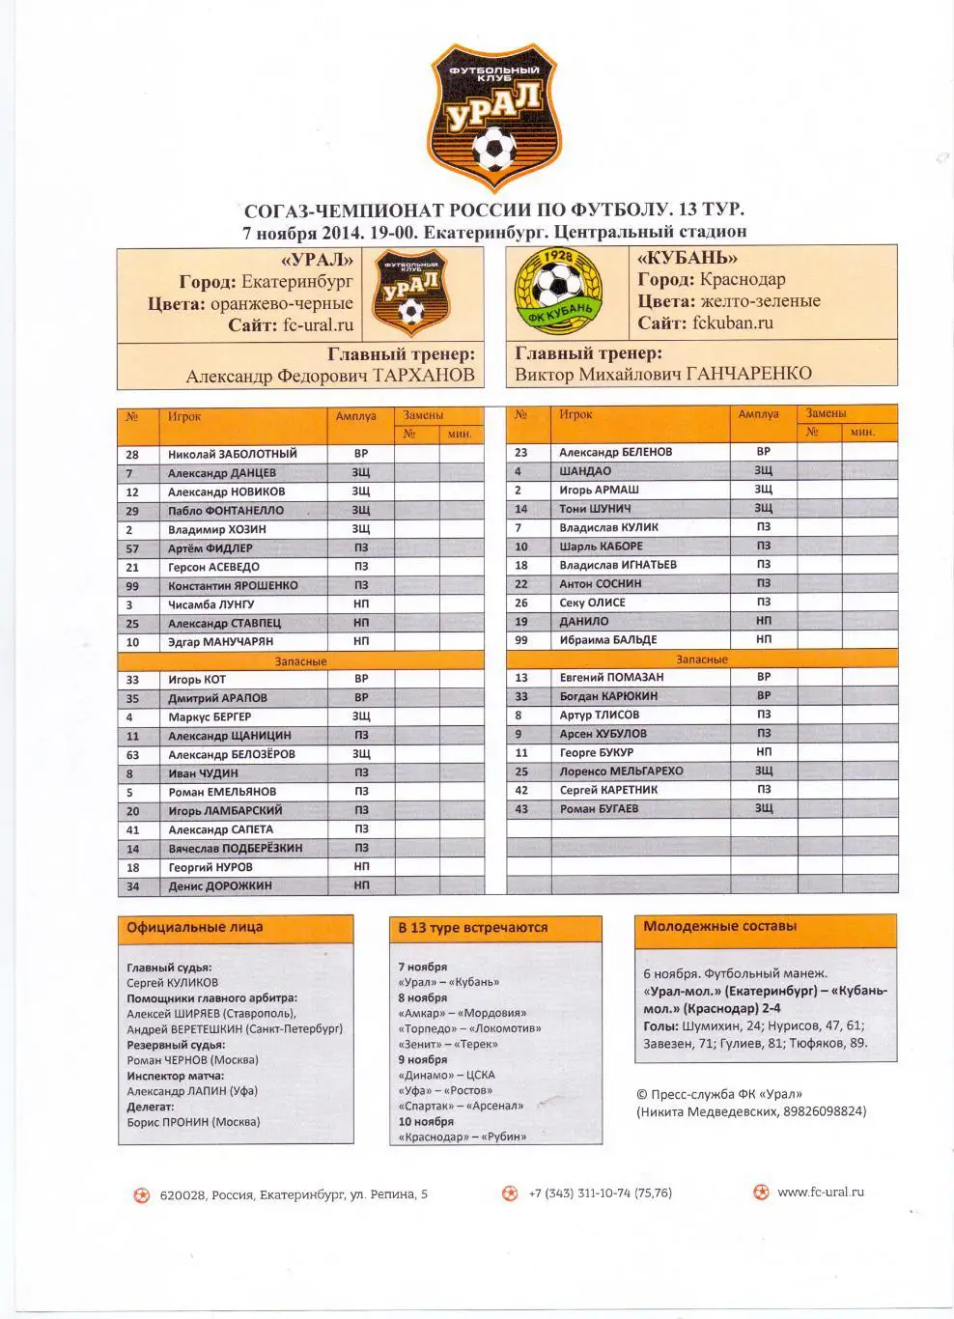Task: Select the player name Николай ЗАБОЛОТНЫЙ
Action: click(x=232, y=454)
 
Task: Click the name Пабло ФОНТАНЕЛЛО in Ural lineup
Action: click(x=226, y=511)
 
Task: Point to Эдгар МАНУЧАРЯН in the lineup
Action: click(x=220, y=642)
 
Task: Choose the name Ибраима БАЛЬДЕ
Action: click(x=608, y=640)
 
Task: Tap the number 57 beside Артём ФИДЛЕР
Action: click(x=132, y=548)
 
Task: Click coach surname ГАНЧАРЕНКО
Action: click(x=749, y=374)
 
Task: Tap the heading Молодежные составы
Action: click(x=719, y=926)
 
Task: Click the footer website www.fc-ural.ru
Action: click(x=820, y=1192)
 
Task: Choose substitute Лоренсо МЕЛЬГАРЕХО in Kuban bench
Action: click(x=621, y=772)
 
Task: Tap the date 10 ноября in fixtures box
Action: click(x=426, y=1122)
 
